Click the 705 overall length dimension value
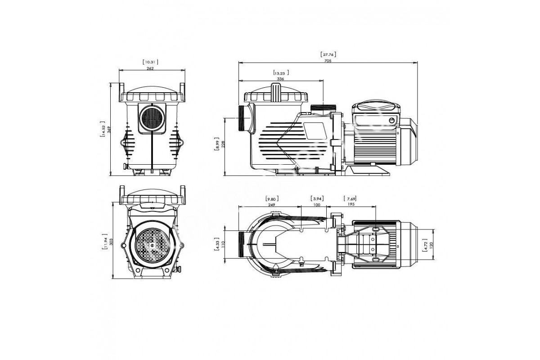(x=328, y=61)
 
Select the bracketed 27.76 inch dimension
(x=328, y=54)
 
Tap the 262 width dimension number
(x=150, y=68)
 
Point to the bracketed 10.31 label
(x=150, y=62)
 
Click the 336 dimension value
(x=280, y=79)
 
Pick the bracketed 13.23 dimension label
(x=281, y=73)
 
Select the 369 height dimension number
(x=108, y=130)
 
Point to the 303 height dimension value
(x=111, y=242)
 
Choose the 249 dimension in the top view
(x=271, y=205)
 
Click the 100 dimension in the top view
(x=316, y=205)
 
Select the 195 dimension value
(x=351, y=204)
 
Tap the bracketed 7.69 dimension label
(x=350, y=199)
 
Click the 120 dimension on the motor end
(x=431, y=245)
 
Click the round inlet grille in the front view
(x=152, y=118)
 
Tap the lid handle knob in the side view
(x=276, y=92)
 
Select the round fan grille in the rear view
(x=152, y=245)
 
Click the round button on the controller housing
(x=392, y=120)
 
